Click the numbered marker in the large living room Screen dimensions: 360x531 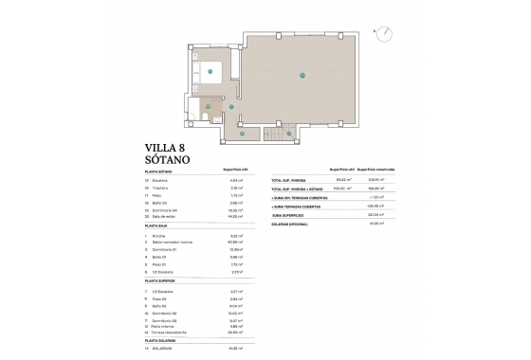302,75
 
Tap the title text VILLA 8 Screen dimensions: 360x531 167,147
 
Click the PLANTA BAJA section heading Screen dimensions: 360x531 157,225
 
